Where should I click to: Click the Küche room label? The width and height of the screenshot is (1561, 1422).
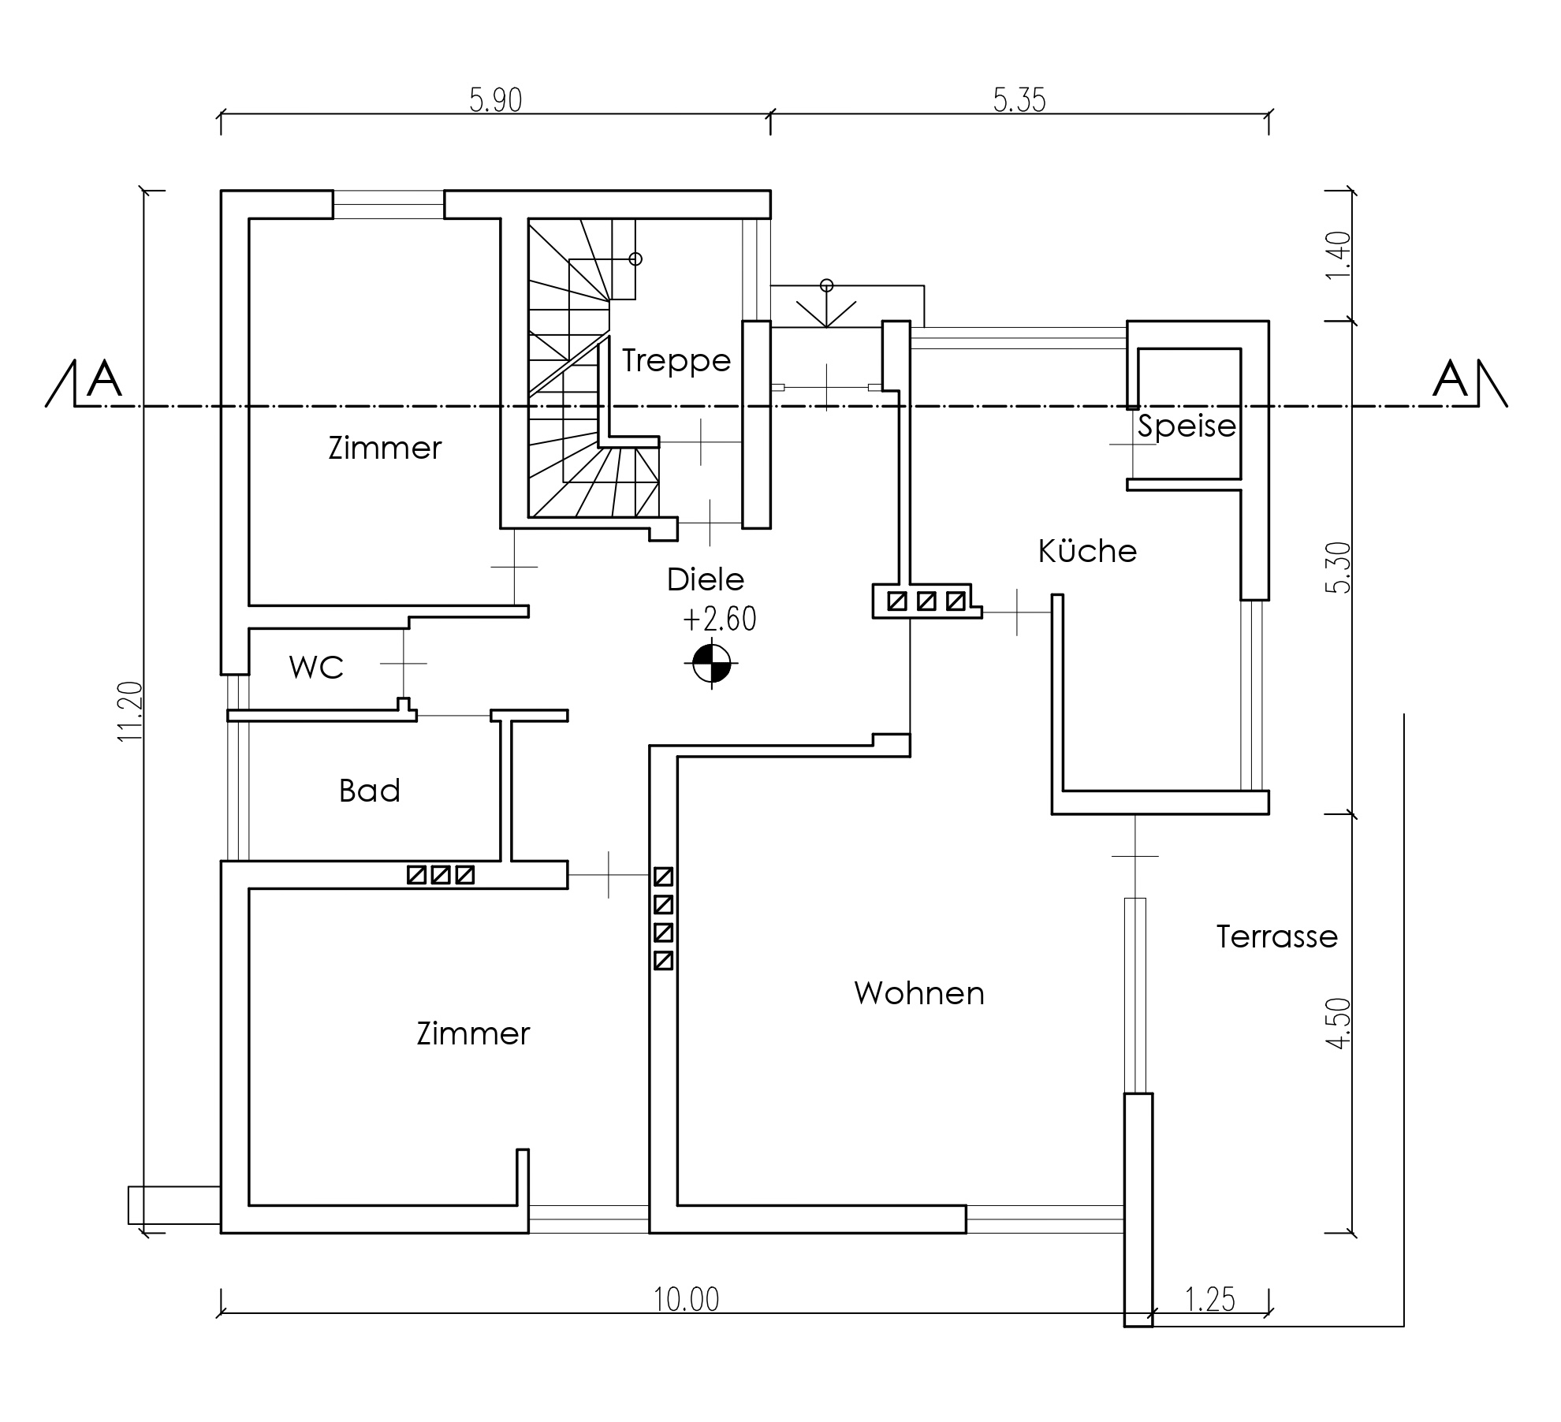(1087, 551)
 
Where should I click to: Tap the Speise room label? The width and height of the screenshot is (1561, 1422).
(1187, 426)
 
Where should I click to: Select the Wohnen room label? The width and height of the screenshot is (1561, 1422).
(919, 993)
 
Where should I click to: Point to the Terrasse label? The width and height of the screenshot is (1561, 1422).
(1276, 936)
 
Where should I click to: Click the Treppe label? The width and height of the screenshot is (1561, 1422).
(676, 361)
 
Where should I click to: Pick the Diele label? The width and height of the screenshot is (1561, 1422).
(706, 579)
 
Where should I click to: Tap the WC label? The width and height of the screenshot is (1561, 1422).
(316, 668)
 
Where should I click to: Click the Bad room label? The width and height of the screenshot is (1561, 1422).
(370, 791)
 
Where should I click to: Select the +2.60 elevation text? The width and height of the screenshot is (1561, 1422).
(719, 620)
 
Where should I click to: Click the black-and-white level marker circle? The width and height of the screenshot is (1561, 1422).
(711, 664)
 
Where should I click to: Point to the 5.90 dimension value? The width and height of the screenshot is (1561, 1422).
(496, 101)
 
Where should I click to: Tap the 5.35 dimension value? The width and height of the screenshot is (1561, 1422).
(1019, 101)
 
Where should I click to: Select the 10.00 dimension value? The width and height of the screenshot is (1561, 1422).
(687, 1300)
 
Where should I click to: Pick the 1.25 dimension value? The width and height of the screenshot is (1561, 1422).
(1210, 1300)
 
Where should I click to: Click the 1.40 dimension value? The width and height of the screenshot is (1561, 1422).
(1339, 255)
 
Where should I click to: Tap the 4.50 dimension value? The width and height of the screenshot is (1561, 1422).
(1339, 1024)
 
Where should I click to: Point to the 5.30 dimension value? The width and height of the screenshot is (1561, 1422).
(1339, 568)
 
